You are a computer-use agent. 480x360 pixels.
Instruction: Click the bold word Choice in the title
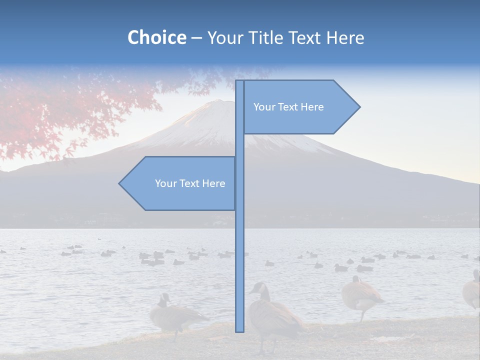tap(156, 38)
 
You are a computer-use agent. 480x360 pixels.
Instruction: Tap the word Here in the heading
tap(345, 38)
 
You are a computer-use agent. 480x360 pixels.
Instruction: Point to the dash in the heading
tap(196, 38)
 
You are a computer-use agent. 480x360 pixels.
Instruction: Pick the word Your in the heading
tap(225, 38)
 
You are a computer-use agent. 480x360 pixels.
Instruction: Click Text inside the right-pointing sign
tap(288, 107)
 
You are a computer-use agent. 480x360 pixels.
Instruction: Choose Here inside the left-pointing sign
tap(213, 183)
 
